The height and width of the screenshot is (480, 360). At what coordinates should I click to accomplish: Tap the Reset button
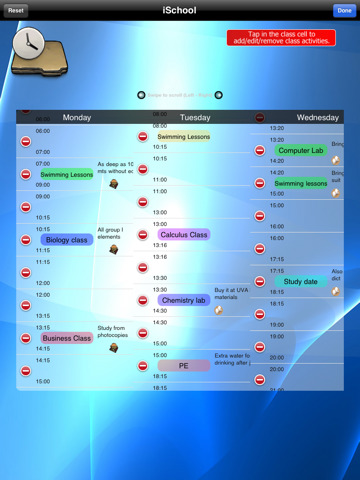16,10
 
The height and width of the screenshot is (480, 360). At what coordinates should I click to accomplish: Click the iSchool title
179,10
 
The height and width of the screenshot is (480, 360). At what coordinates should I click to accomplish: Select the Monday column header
77,117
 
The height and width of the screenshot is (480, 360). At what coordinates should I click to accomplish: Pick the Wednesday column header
318,117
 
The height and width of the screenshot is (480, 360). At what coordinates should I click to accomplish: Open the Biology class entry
67,240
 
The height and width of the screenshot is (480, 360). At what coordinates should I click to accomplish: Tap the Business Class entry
67,338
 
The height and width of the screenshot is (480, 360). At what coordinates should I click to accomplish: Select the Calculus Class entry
184,235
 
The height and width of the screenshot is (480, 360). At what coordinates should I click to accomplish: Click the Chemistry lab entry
183,300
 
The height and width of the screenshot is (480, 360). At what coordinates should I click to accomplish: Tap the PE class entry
183,366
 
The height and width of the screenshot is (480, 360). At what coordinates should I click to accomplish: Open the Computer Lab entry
300,151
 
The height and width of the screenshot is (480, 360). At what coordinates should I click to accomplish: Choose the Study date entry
300,282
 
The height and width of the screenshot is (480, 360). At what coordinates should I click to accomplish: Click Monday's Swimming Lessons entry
67,174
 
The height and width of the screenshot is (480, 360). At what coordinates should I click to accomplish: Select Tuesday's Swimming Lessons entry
183,136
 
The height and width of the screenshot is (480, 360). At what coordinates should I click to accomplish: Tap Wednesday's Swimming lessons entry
300,184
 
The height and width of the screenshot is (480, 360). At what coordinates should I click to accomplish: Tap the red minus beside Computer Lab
260,151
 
